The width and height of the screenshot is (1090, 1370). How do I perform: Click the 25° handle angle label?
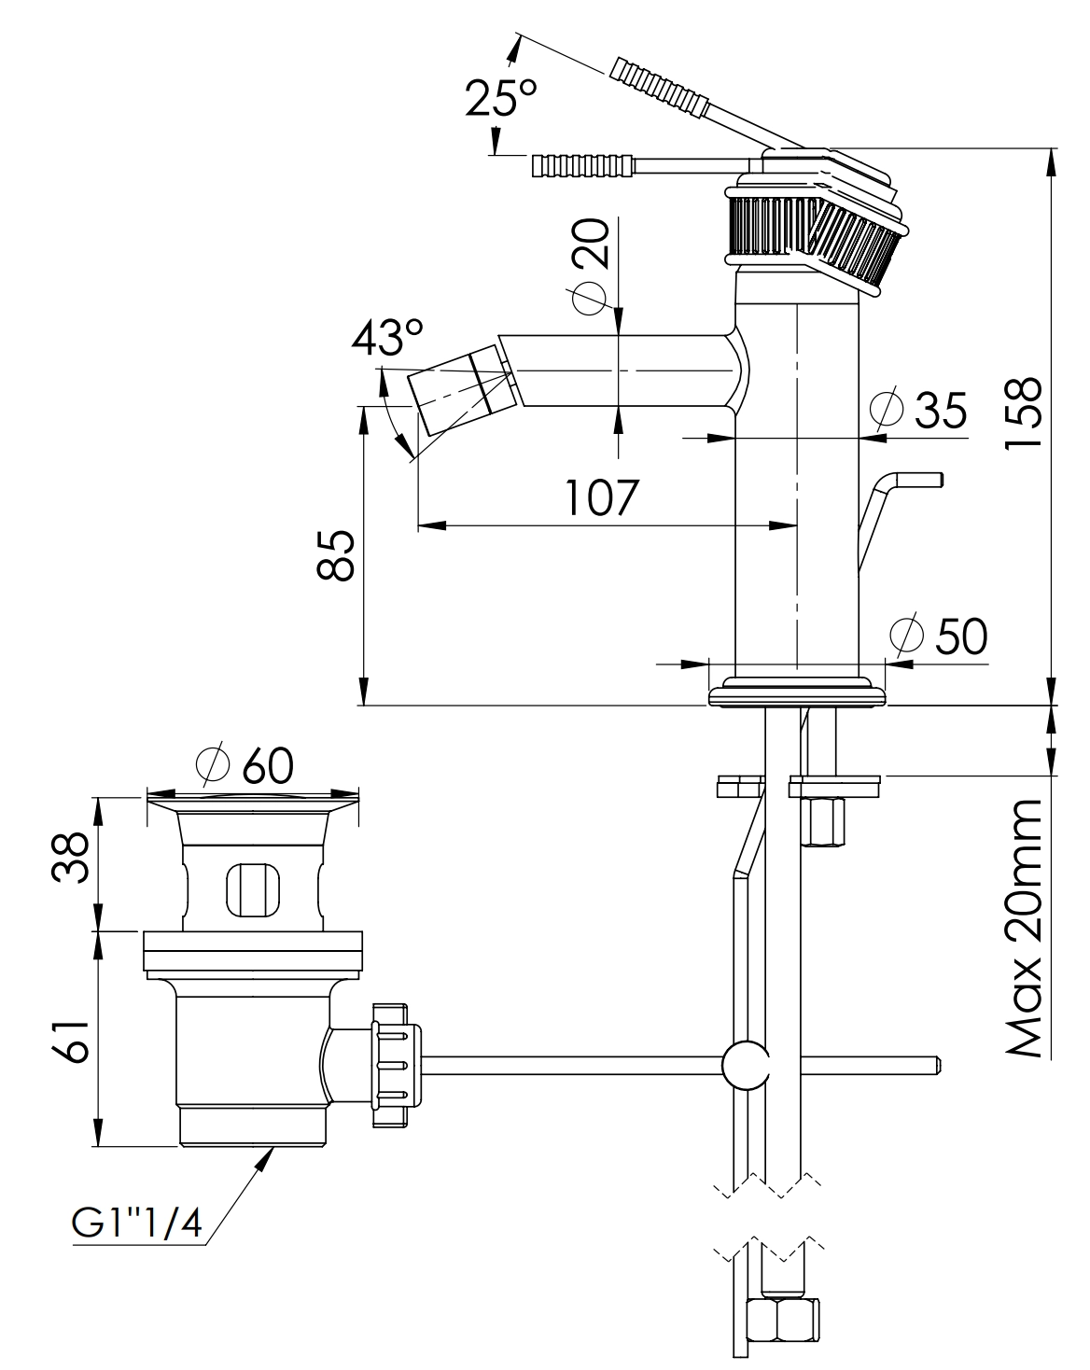click(x=501, y=97)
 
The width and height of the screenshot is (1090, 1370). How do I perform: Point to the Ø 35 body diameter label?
click(x=920, y=409)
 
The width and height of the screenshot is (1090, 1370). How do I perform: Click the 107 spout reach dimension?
click(x=603, y=497)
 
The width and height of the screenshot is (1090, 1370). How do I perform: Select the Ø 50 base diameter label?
click(x=939, y=636)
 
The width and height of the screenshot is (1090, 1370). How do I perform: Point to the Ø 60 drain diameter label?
click(x=245, y=765)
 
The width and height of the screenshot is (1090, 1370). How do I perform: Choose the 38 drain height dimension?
click(x=72, y=857)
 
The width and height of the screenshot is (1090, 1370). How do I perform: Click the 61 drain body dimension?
click(x=72, y=1038)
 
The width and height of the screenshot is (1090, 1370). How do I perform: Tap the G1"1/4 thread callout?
click(x=137, y=1223)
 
